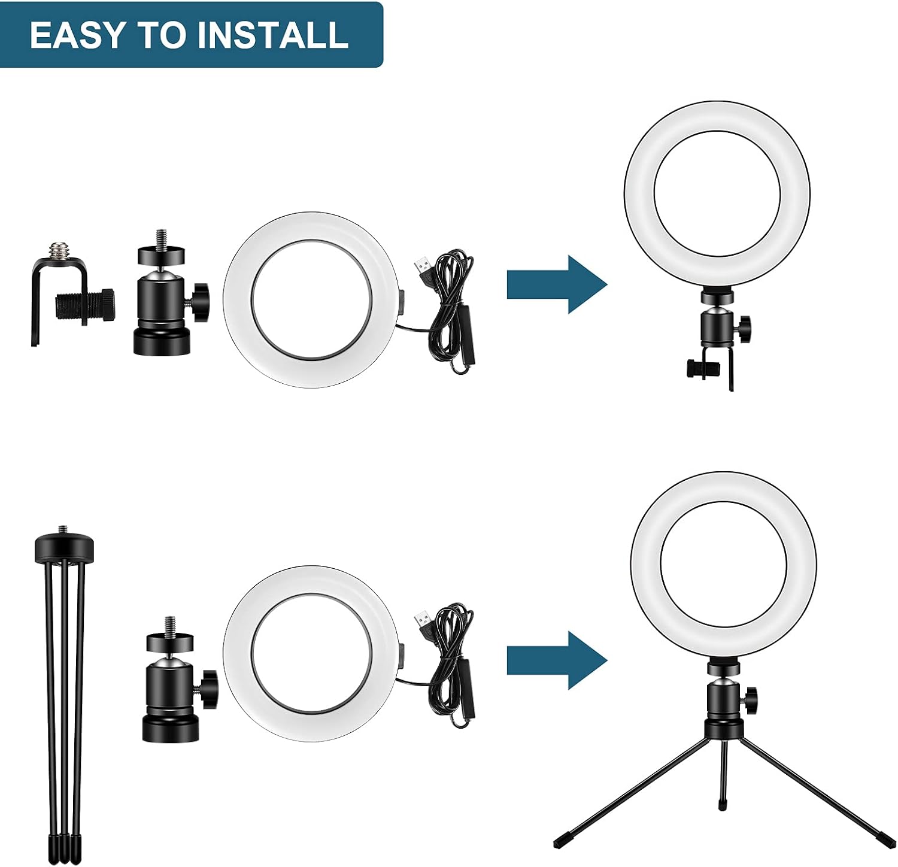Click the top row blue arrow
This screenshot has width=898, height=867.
tap(557, 284)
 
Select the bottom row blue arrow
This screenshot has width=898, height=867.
tap(557, 660)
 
